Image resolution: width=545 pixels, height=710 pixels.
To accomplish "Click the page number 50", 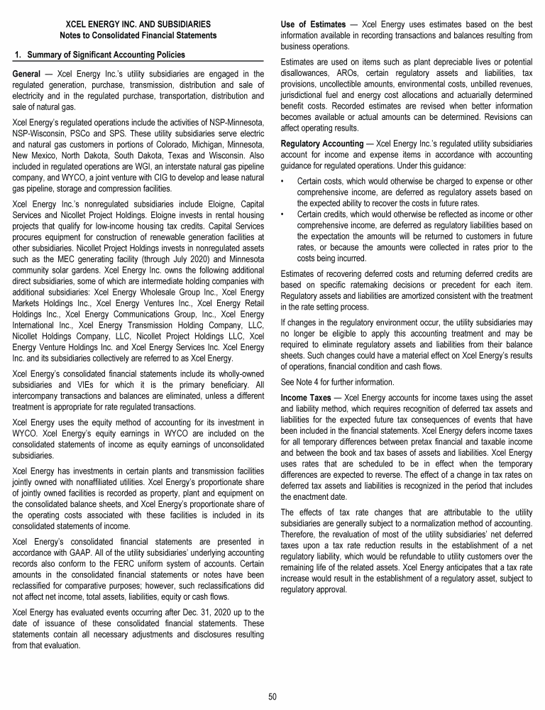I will click(x=272, y=696).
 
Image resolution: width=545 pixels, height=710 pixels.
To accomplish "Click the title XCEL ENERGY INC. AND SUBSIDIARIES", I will click(x=138, y=24).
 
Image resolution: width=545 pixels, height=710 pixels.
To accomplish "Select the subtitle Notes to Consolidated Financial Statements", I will click(x=138, y=35).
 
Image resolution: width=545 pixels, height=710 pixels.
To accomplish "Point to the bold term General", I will click(x=29, y=73).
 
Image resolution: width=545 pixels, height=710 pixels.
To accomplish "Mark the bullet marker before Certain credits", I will click(x=284, y=213).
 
